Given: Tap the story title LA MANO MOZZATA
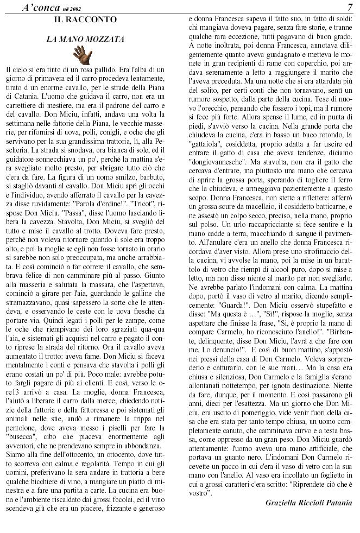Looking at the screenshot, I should click(85, 39).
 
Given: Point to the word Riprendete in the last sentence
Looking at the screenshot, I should click(294, 482).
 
